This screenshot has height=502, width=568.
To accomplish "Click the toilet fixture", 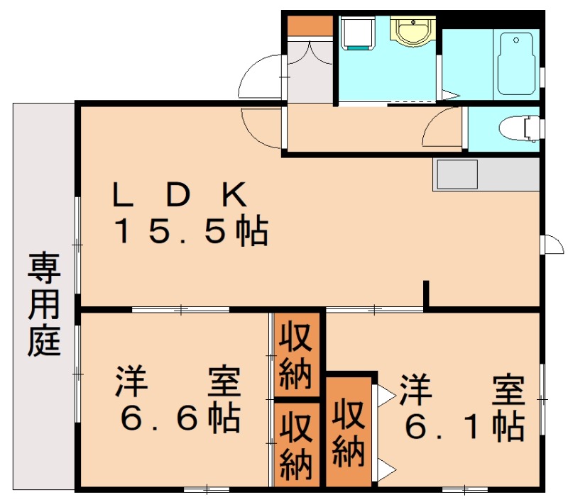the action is click(519, 129).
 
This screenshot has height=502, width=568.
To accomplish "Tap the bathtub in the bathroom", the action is click(516, 64).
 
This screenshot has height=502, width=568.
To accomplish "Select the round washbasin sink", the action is click(413, 31).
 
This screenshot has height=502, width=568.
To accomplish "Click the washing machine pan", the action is click(357, 33).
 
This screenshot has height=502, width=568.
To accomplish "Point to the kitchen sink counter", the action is click(486, 174).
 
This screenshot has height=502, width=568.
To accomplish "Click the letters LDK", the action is click(180, 194).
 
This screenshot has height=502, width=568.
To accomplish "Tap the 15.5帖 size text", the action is click(192, 230).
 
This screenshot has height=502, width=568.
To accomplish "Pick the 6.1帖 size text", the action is click(464, 426).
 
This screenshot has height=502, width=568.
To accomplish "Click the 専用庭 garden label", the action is click(44, 304).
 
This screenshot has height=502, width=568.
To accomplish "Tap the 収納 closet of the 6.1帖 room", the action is click(349, 432).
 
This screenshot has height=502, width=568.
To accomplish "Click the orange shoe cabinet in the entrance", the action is click(310, 26).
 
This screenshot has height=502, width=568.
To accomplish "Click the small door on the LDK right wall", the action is click(553, 244).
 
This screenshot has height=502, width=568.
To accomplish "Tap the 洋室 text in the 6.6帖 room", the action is click(178, 382).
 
